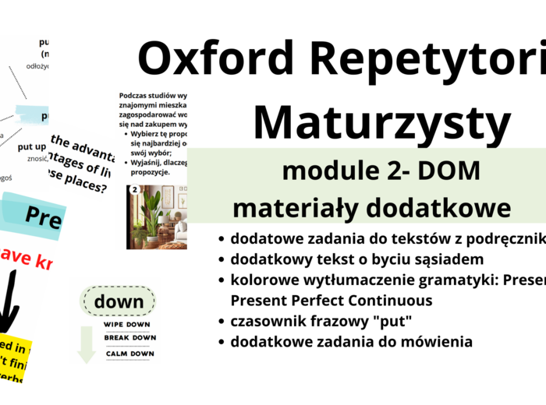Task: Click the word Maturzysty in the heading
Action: (x=381, y=123)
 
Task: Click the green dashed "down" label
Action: (x=119, y=301)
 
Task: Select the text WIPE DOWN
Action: (x=129, y=324)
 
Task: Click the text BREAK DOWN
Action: (x=129, y=338)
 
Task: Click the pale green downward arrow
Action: (x=87, y=343)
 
